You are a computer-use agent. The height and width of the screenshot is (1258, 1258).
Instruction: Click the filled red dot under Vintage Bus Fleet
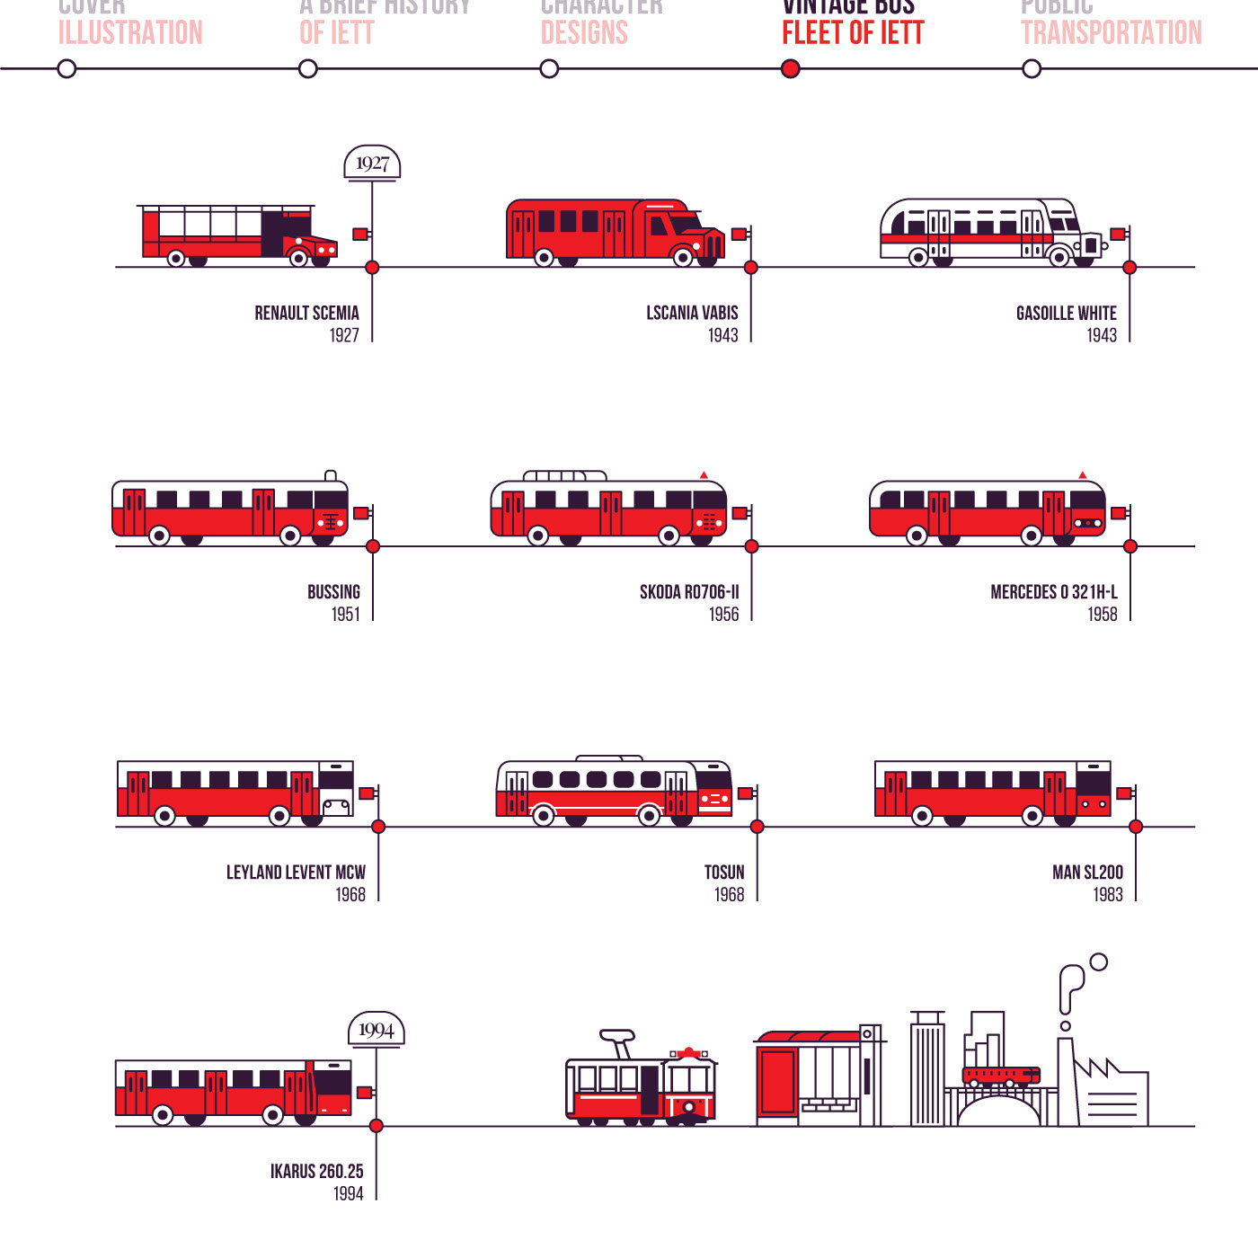coord(791,69)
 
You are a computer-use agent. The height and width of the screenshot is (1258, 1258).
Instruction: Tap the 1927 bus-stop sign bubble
coord(372,164)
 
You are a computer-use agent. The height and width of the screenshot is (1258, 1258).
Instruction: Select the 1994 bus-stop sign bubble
coord(376,1030)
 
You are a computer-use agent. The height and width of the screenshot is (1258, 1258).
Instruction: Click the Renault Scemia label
coord(306,314)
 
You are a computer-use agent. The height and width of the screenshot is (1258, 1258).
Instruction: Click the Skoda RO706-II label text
coord(689,592)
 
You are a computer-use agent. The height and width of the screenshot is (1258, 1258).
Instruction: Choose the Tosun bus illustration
coord(615,792)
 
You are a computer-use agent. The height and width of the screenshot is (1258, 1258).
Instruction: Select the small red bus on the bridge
coord(1000,1076)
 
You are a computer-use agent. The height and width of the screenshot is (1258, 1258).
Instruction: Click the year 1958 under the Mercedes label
coord(1103,615)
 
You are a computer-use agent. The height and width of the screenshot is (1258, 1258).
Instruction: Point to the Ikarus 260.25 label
coord(316,1172)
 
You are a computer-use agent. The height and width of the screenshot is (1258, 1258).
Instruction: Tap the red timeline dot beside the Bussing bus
coord(373,546)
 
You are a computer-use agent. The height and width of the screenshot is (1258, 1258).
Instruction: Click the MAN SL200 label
coord(1087,873)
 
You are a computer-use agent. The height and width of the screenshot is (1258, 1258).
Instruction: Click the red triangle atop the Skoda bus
coord(704,474)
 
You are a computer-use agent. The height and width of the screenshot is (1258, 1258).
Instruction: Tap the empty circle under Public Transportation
coord(1032,69)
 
